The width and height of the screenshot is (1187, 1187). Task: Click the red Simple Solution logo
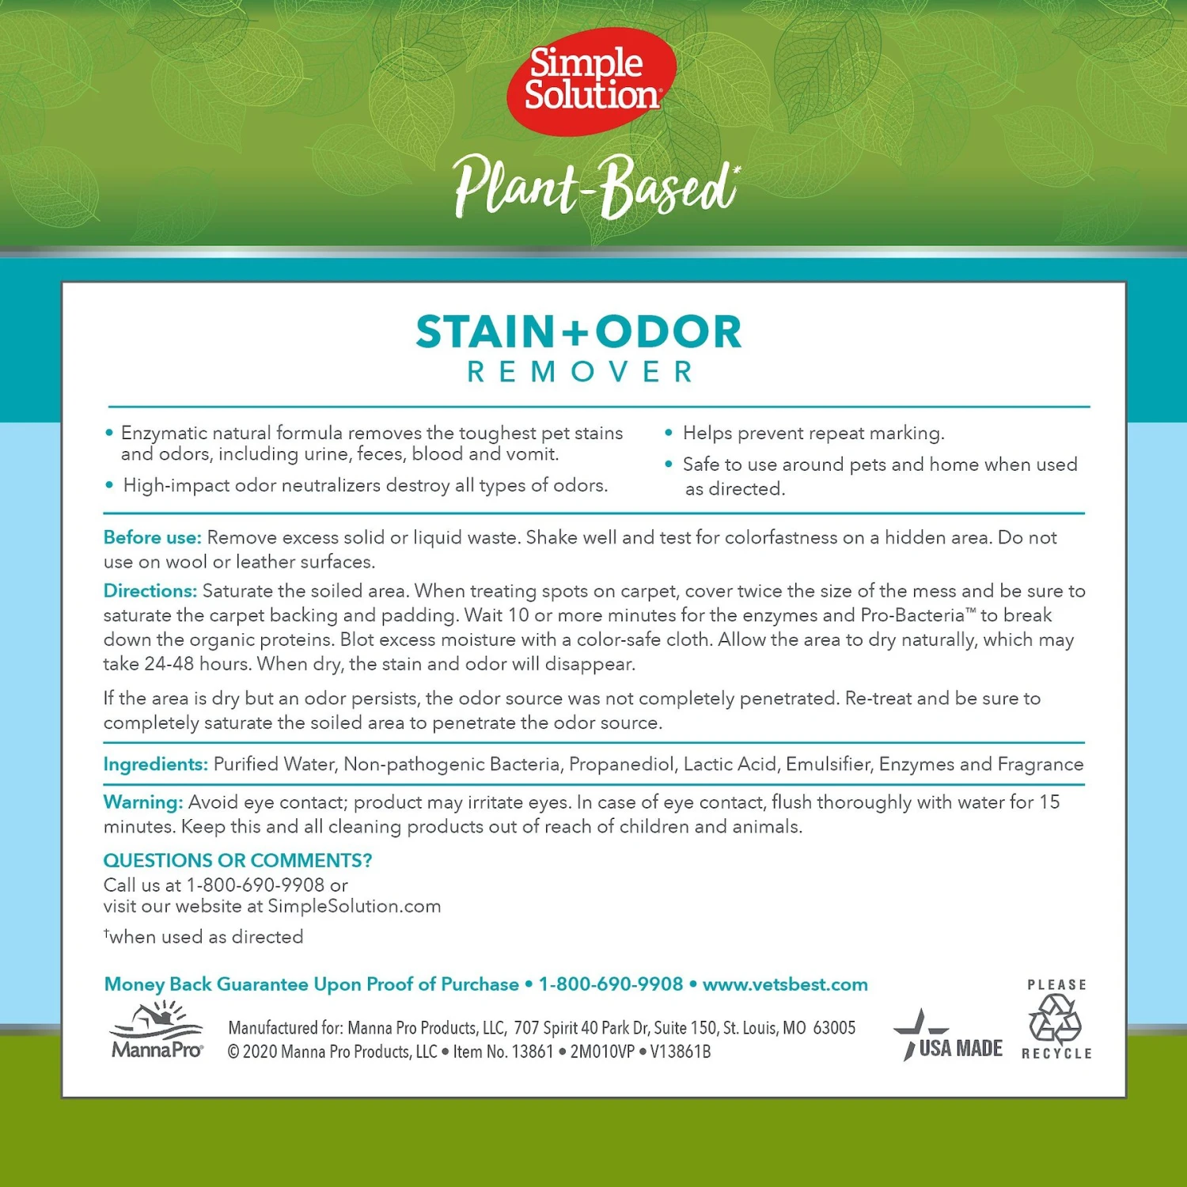591,80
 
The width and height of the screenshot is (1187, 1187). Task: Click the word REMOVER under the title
582,372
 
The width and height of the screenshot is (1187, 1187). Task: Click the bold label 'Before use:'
153,538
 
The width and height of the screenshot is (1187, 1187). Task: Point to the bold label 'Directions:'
150,591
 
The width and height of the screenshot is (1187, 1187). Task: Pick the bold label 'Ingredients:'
156,764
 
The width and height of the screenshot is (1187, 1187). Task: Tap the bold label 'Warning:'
143,802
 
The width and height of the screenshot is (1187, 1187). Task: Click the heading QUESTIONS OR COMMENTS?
237,860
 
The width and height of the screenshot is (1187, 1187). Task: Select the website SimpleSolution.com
354,906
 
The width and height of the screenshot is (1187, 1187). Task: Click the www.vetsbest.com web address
785,984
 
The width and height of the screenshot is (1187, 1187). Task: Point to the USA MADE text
960,1049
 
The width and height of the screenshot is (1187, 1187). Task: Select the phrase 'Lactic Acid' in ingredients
730,764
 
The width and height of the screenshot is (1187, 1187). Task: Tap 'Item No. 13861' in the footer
503,1052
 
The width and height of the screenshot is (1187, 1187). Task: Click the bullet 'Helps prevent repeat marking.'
813,434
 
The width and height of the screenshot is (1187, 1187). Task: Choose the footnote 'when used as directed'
206,937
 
